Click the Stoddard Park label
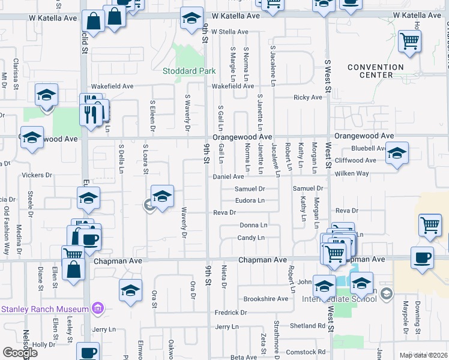point(189,71)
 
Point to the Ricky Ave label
point(309,97)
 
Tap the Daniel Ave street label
point(229,177)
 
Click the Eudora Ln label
point(250,200)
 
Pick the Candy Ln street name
point(252,238)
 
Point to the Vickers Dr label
point(37,175)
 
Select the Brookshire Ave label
point(265,299)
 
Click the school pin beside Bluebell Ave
point(396,154)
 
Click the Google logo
point(20,353)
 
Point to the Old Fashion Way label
point(7,224)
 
